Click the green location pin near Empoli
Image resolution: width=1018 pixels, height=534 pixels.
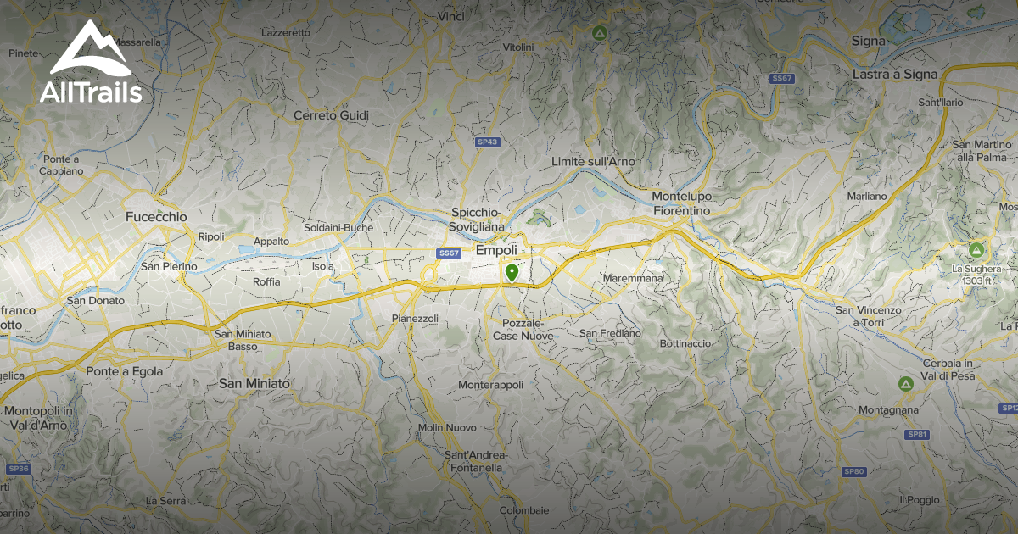512,273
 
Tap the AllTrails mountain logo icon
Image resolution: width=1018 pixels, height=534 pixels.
90,50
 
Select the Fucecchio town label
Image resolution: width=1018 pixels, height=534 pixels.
156,217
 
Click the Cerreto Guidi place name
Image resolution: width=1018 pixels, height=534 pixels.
331,115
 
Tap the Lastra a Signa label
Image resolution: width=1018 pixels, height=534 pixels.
895,74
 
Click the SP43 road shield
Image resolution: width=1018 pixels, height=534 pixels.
486,142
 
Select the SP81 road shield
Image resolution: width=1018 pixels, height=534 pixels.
917,435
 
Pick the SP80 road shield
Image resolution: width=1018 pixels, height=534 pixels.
853,471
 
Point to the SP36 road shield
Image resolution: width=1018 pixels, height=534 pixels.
18,469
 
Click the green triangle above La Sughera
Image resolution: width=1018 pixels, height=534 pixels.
977,251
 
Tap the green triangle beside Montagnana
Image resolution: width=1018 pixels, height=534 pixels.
906,384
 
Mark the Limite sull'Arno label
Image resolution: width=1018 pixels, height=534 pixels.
592,162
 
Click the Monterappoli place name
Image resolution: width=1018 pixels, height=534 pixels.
490,385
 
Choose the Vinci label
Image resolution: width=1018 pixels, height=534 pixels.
452,16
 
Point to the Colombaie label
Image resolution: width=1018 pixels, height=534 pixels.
523,510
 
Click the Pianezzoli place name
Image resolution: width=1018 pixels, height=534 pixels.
415,318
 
